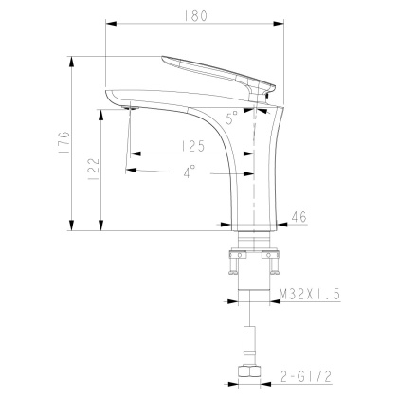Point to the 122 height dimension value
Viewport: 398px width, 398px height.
[x=93, y=170]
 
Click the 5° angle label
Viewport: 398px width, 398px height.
[x=232, y=119]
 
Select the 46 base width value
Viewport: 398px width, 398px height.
[x=298, y=217]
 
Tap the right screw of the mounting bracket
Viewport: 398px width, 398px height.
[x=276, y=255]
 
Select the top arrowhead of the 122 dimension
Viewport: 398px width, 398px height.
[x=101, y=111]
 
